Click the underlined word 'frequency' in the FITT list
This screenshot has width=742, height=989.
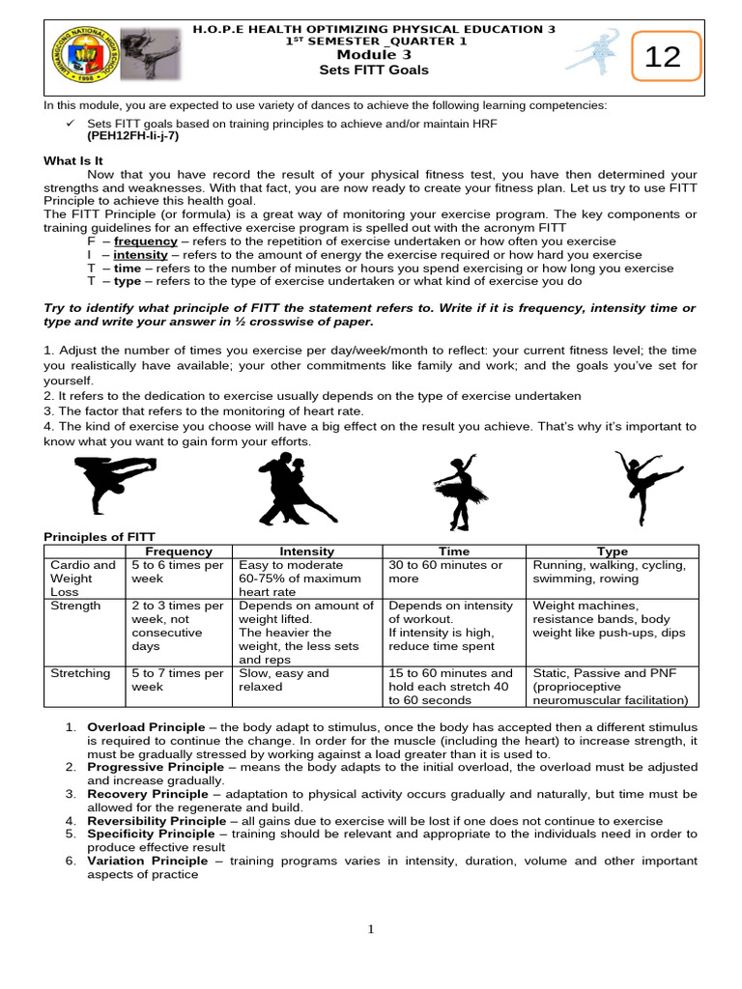[x=145, y=240]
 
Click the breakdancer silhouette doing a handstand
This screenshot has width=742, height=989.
[x=107, y=483]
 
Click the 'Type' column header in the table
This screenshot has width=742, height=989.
[x=612, y=551]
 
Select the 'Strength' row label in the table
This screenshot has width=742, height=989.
[x=75, y=607]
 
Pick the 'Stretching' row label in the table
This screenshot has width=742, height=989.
[x=79, y=674]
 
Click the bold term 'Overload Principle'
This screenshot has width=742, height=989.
[x=146, y=726]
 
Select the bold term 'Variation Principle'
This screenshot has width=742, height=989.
[x=147, y=861]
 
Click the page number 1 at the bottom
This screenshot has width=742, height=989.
[x=370, y=929]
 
